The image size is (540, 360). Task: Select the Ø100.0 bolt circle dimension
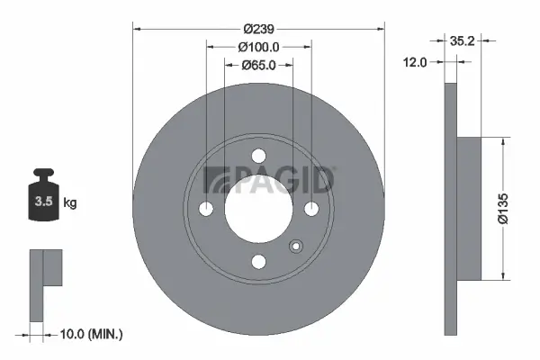pyautogui.click(x=259, y=46)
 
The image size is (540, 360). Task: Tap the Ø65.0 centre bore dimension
pyautogui.click(x=259, y=65)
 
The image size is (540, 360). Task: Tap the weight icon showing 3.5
pyautogui.click(x=43, y=199)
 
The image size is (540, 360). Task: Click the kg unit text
pyautogui.click(x=70, y=203)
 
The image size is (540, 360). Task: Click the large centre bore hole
pyautogui.click(x=259, y=208)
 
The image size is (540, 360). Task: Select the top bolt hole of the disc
pyautogui.click(x=259, y=155)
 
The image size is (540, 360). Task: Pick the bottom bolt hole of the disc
pyautogui.click(x=259, y=261)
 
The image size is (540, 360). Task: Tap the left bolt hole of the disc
pyautogui.click(x=206, y=208)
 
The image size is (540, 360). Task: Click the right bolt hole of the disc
pyautogui.click(x=312, y=208)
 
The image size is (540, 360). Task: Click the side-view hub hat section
pyautogui.click(x=468, y=208)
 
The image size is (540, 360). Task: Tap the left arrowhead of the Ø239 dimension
pyautogui.click(x=138, y=27)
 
